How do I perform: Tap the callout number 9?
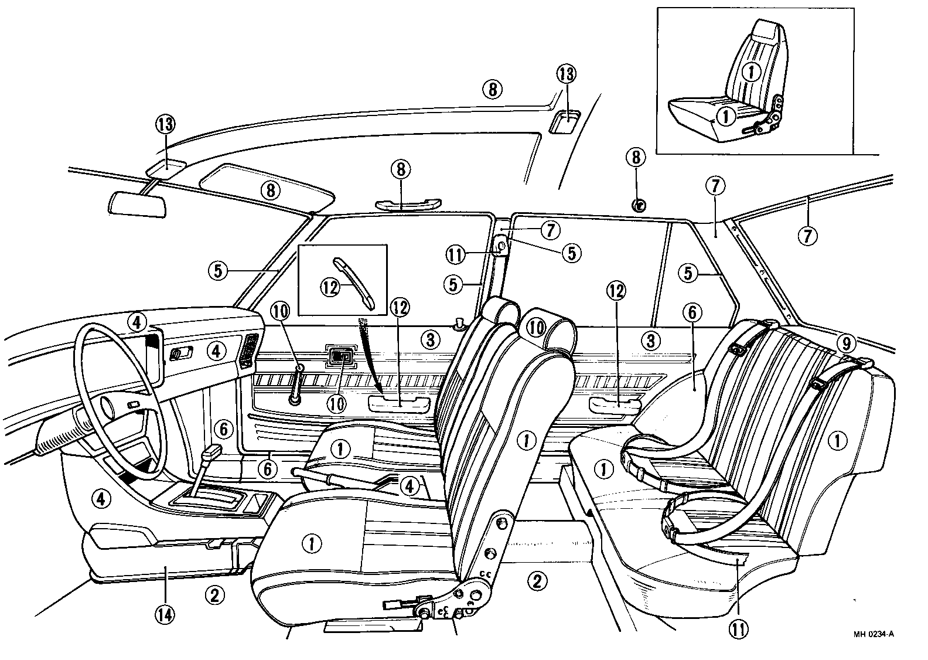(860, 341)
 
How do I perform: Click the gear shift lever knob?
(211, 452)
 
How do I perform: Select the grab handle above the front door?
(400, 205)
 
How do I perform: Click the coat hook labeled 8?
(639, 205)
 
